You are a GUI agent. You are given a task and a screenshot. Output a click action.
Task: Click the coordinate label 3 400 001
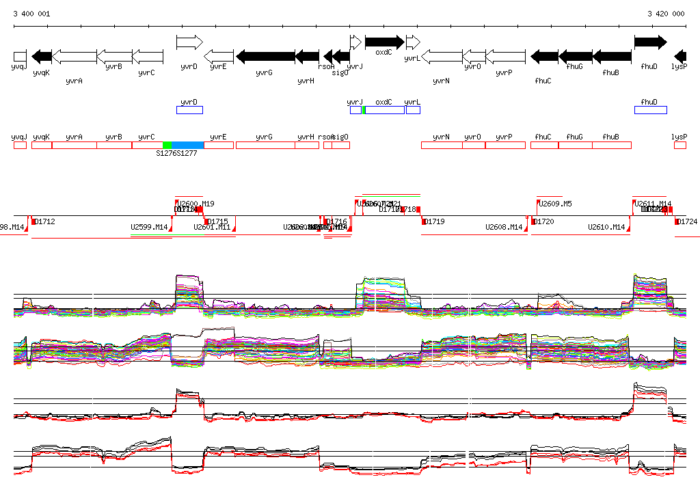click(x=31, y=14)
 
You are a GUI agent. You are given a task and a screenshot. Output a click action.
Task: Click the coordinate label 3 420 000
click(x=666, y=14)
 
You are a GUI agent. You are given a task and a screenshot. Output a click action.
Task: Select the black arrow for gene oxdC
click(x=384, y=42)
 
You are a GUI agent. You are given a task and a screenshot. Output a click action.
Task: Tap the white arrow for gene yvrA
click(x=74, y=56)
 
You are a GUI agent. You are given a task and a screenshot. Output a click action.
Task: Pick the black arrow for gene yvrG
click(x=265, y=56)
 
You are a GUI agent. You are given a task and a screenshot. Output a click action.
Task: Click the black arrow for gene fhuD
click(x=649, y=42)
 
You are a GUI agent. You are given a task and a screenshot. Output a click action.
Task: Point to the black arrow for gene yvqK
click(x=42, y=56)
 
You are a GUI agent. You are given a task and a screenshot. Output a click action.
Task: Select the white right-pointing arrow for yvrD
click(x=189, y=42)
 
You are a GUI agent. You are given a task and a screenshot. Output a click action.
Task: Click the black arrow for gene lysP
click(x=680, y=56)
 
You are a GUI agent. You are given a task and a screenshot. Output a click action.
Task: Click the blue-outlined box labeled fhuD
click(x=650, y=110)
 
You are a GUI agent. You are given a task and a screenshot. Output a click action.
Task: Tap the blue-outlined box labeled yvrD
click(x=189, y=110)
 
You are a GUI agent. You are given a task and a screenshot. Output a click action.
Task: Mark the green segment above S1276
click(x=167, y=145)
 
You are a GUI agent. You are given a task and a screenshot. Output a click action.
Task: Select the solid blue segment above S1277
click(x=188, y=145)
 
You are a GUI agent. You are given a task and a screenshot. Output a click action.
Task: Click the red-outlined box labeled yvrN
click(x=442, y=145)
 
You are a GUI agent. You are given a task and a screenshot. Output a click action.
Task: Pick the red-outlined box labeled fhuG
click(x=575, y=145)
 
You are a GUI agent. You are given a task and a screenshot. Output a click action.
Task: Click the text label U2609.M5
click(x=555, y=204)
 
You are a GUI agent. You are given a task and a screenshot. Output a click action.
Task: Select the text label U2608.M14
click(x=504, y=227)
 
